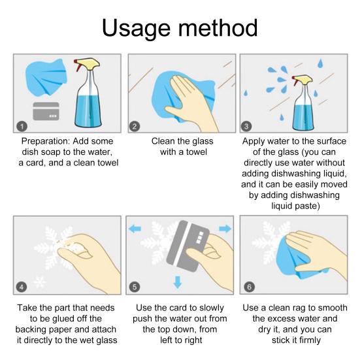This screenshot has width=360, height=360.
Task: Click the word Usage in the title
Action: point(136,29)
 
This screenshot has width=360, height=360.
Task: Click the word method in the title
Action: point(218,27)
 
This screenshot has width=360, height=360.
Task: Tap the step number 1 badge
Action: point(22,126)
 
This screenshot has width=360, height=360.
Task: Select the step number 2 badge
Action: point(135,126)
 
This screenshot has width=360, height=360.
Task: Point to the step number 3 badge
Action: point(246,126)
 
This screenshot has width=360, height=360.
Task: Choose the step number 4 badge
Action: point(22,287)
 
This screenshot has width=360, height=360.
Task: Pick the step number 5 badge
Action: point(135,287)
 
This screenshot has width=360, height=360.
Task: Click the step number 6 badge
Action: point(250,287)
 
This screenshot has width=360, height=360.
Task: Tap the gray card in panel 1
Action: point(46,111)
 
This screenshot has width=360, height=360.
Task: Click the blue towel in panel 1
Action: point(46,77)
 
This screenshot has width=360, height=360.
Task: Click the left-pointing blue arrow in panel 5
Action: point(135,229)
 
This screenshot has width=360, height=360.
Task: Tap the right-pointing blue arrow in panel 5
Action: point(225,229)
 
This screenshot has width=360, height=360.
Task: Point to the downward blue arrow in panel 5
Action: point(178,282)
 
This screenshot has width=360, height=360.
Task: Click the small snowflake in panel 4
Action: point(39,282)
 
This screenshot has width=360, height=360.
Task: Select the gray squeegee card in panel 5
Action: point(188,246)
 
